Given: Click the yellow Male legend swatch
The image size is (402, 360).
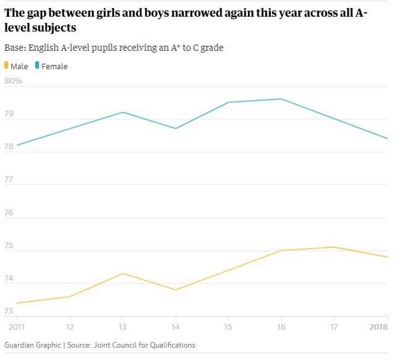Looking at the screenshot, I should (x=7, y=66).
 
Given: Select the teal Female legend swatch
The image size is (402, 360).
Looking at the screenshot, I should (x=37, y=66).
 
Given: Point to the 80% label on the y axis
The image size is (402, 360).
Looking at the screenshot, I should (x=14, y=81).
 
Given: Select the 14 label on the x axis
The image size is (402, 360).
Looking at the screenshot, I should (x=176, y=327).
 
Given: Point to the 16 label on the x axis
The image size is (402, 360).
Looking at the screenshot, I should (x=281, y=327).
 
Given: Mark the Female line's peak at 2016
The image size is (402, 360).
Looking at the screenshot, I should (x=281, y=99).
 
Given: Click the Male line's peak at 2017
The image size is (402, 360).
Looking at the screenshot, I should (x=335, y=247).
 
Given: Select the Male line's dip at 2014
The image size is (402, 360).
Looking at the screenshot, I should (x=176, y=290).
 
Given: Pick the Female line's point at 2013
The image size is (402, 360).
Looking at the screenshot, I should (x=123, y=112).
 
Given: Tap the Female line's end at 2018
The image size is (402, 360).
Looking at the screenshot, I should (x=387, y=139).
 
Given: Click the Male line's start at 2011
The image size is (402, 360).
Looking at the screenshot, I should (x=17, y=303).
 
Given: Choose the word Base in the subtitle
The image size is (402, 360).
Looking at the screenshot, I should (x=15, y=48).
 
